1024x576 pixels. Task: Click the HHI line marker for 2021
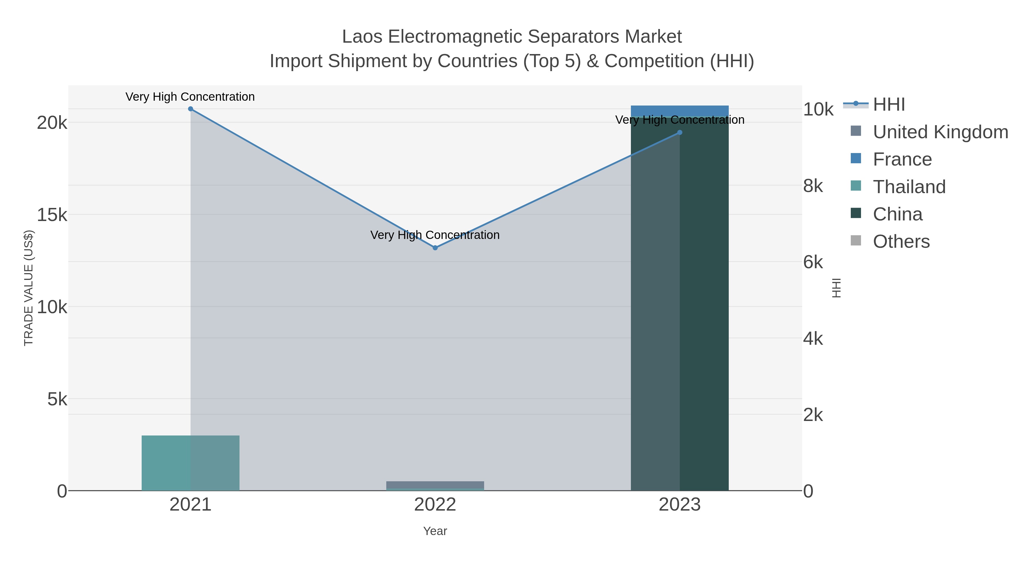[x=190, y=109]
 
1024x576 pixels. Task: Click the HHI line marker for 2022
[x=435, y=248]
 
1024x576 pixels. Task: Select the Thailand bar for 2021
[x=190, y=463]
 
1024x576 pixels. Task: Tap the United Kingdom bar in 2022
[x=435, y=485]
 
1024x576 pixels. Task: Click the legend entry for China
[x=897, y=214]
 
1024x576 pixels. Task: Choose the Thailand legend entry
[x=909, y=187]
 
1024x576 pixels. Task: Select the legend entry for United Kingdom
[x=940, y=132]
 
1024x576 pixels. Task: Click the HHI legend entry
[x=888, y=105]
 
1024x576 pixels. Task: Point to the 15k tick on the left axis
[x=52, y=215]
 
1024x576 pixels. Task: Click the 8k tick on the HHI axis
[x=813, y=186]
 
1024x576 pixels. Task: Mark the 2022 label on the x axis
[x=435, y=505]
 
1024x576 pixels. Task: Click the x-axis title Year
[x=435, y=531]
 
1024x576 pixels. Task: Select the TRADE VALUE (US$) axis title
[x=29, y=288]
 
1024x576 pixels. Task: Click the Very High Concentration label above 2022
[x=435, y=235]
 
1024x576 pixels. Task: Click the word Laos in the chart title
[x=363, y=37]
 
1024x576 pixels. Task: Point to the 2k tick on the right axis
[x=813, y=415]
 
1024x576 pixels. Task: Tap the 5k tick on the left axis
[x=57, y=399]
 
